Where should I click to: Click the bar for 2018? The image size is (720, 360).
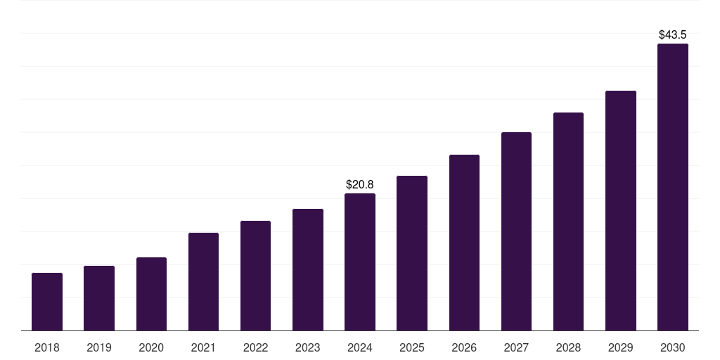47,302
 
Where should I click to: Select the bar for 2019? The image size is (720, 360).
99,298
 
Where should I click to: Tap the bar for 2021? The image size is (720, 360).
203,281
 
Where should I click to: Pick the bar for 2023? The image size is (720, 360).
308,269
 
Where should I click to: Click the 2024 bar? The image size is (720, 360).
360,262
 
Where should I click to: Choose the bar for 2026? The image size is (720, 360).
464,243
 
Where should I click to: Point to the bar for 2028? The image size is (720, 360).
568,221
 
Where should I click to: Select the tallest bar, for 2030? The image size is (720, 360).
673,187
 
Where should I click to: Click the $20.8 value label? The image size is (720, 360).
360,185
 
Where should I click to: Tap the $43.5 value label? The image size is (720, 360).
673,34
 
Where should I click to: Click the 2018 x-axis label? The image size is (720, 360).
47,347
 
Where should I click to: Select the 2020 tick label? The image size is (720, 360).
151,347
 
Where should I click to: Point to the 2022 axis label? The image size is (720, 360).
255,347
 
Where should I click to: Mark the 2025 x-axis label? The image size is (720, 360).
412,347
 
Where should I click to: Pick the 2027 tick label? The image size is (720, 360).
516,347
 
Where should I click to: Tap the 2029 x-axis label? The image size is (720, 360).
621,347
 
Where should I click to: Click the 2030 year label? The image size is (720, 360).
673,347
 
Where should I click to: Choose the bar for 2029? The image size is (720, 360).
621,210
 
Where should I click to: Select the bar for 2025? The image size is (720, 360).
412,253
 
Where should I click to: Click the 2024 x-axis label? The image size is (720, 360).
360,347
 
